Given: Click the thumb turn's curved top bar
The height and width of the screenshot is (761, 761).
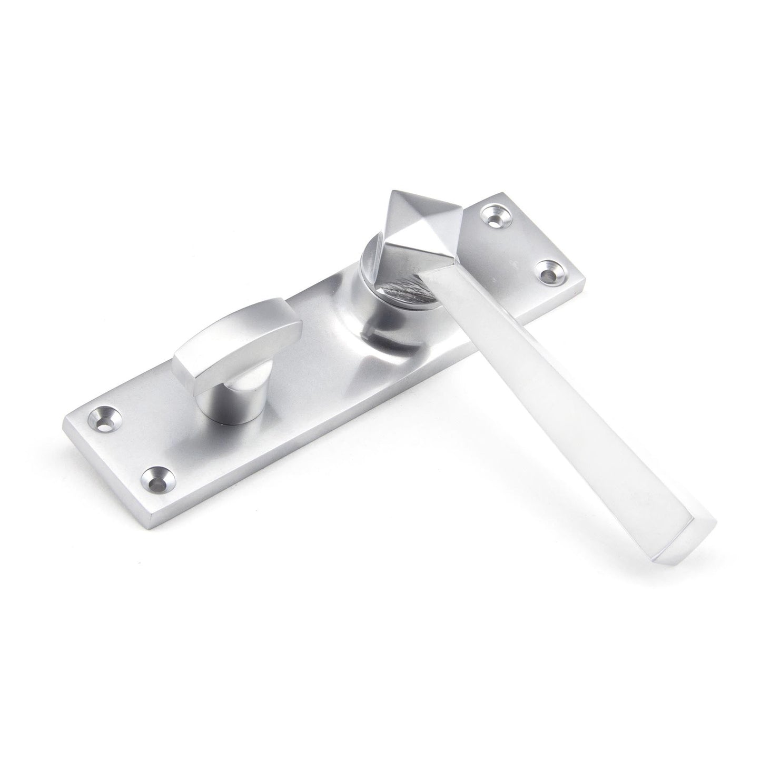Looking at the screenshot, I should click(242, 337).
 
